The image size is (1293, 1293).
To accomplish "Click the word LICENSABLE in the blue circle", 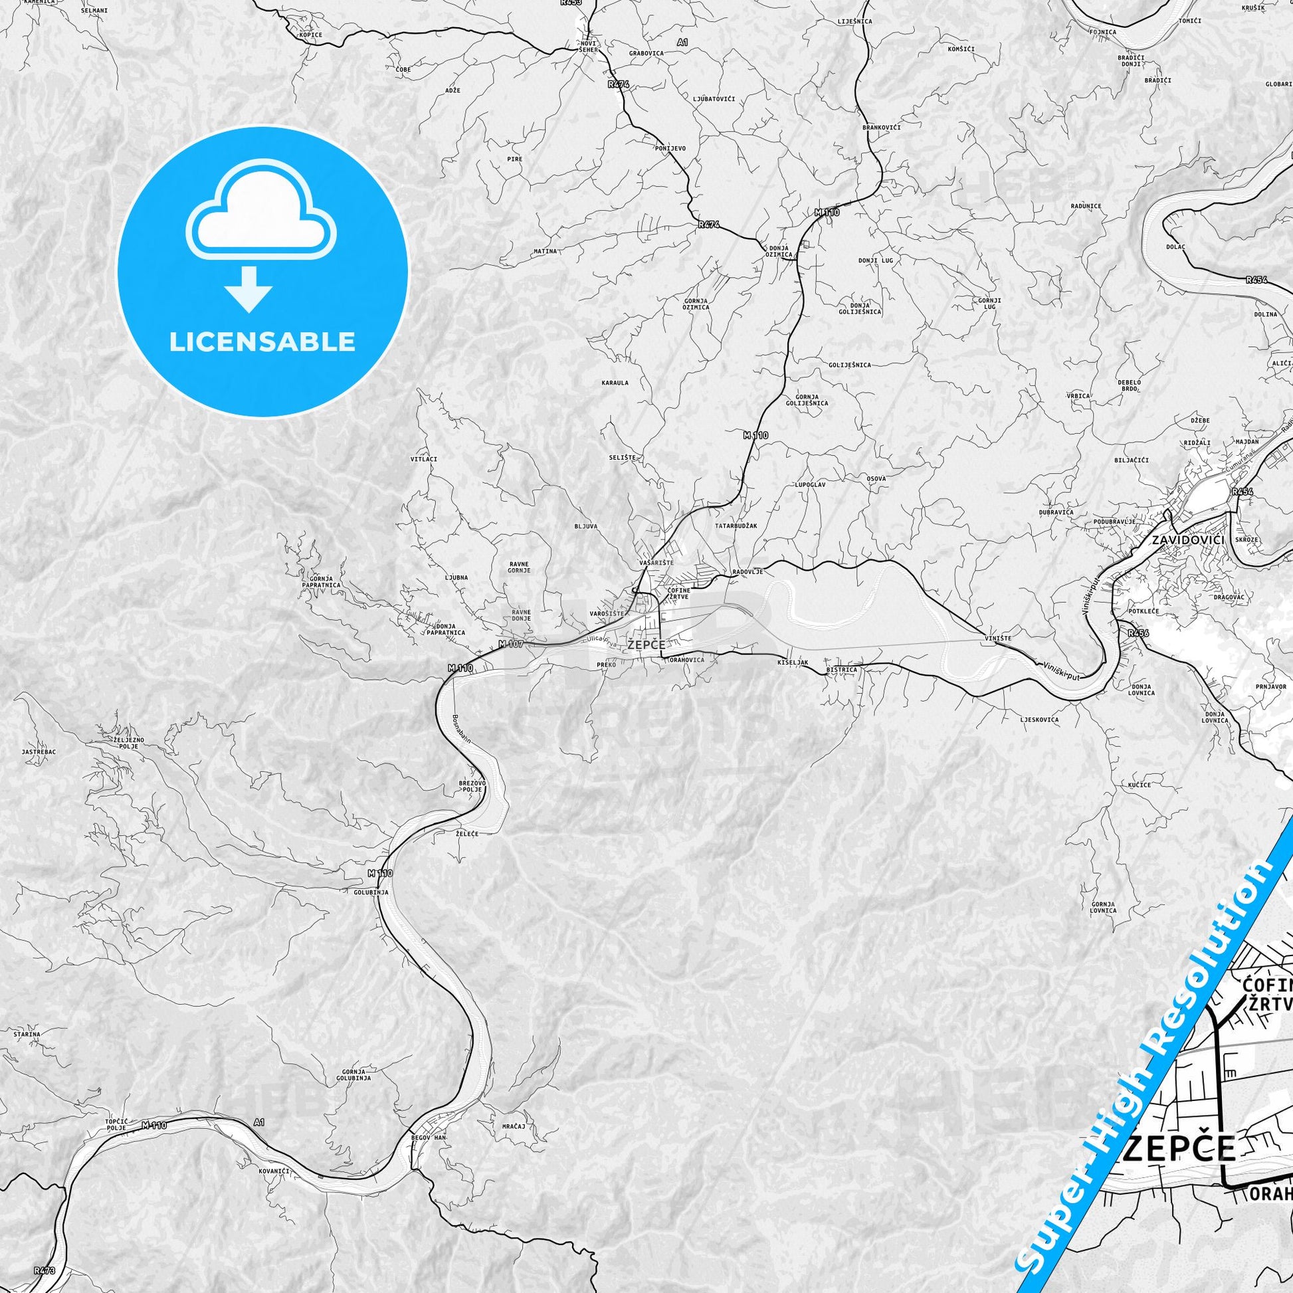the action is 262,342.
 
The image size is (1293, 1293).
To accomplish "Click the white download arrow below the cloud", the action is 249,289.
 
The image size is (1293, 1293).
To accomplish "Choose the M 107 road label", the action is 510,645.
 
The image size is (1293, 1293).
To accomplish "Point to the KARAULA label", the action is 615,383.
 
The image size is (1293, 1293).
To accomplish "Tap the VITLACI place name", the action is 423,460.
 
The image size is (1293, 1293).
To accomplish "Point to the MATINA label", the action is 545,251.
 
